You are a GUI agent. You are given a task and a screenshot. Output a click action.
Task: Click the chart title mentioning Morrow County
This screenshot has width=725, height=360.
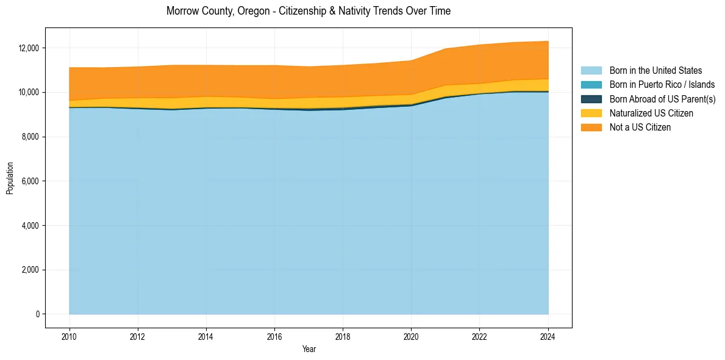tap(308, 11)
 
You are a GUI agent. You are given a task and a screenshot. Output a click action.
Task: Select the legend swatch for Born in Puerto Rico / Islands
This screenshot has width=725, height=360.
tap(591, 85)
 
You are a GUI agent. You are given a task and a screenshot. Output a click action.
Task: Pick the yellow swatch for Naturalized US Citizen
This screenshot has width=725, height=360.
tap(591, 113)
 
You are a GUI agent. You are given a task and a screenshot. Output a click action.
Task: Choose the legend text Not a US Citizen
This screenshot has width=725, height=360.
tap(640, 128)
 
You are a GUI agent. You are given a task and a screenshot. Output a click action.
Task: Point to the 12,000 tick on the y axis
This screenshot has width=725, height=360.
tap(29, 48)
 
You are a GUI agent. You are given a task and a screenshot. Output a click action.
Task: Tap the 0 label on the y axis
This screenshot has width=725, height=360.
tap(37, 315)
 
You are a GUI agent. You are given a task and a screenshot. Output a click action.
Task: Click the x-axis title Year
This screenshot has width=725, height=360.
tap(309, 349)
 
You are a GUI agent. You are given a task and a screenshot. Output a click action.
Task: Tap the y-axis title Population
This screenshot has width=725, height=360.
tap(10, 178)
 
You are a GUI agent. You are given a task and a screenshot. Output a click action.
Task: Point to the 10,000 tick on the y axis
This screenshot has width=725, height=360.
tap(29, 93)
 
